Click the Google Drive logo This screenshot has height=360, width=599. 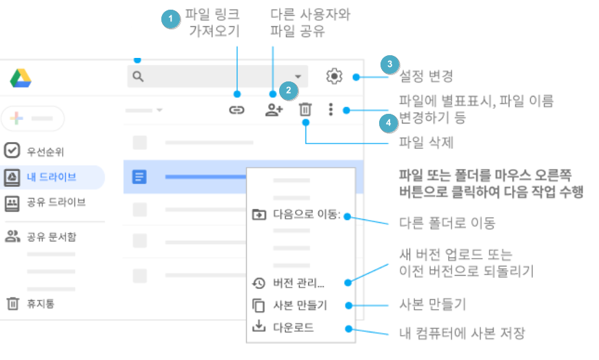[x=21, y=78]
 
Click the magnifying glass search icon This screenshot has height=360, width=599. [x=138, y=77]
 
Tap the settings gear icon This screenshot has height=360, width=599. [x=334, y=77]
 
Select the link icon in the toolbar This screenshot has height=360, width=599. [x=236, y=110]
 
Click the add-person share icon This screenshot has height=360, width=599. [x=274, y=110]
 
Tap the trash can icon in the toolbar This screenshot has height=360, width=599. [x=305, y=110]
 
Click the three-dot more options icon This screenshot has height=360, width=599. [x=331, y=110]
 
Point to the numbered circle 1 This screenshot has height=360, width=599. [x=170, y=19]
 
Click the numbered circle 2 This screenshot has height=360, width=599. [x=288, y=90]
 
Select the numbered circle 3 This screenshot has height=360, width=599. [x=389, y=64]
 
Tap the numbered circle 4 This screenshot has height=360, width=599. [x=389, y=123]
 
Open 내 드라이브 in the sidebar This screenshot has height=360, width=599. [x=51, y=177]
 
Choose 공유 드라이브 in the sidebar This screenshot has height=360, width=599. [x=56, y=202]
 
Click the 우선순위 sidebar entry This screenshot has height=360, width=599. [x=45, y=151]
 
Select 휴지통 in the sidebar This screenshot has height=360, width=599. [x=40, y=304]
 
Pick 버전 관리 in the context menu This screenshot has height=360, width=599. [x=298, y=283]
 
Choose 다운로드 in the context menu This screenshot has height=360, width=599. [x=293, y=328]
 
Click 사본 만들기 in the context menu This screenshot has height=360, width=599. [x=300, y=306]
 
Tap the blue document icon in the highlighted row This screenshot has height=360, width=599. [x=139, y=177]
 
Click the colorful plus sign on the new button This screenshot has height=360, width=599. [x=16, y=119]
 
